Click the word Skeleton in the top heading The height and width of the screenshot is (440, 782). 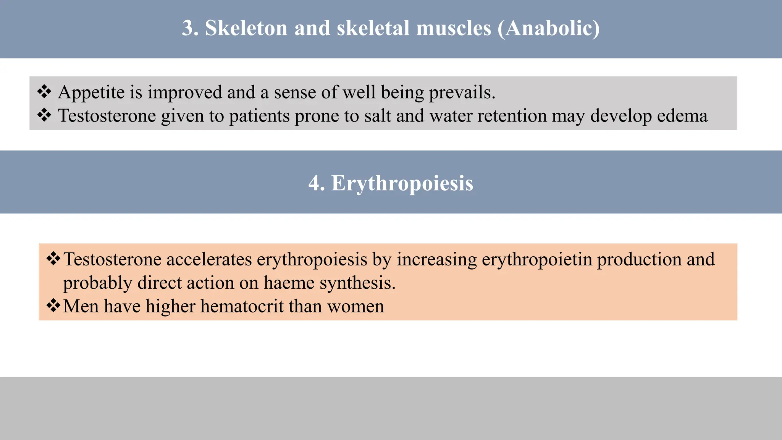pyautogui.click(x=246, y=28)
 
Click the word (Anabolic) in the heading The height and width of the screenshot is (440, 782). pyautogui.click(x=548, y=28)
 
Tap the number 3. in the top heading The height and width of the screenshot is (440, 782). pyautogui.click(x=190, y=28)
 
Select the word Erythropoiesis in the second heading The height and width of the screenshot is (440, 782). pyautogui.click(x=402, y=183)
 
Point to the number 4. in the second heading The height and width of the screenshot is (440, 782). pyautogui.click(x=317, y=183)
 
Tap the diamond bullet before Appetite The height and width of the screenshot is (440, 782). pyautogui.click(x=44, y=92)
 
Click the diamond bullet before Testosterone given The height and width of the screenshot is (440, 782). pyautogui.click(x=44, y=115)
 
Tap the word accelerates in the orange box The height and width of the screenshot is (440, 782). pyautogui.click(x=209, y=259)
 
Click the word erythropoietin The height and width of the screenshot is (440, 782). pyautogui.click(x=536, y=260)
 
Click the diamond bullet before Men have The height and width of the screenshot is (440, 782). pyautogui.click(x=53, y=306)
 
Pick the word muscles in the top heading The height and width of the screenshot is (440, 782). pyautogui.click(x=453, y=28)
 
